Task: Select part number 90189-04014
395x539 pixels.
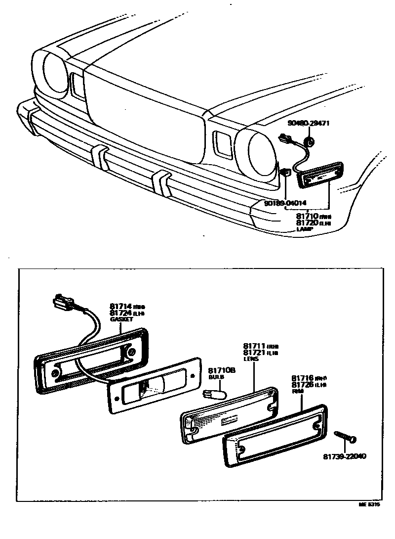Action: [285, 203]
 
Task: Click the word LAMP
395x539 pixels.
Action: [305, 229]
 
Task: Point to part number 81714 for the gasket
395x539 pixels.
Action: [121, 307]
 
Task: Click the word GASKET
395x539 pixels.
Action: [121, 320]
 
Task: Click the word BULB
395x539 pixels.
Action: [216, 377]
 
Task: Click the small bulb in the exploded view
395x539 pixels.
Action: [216, 394]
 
